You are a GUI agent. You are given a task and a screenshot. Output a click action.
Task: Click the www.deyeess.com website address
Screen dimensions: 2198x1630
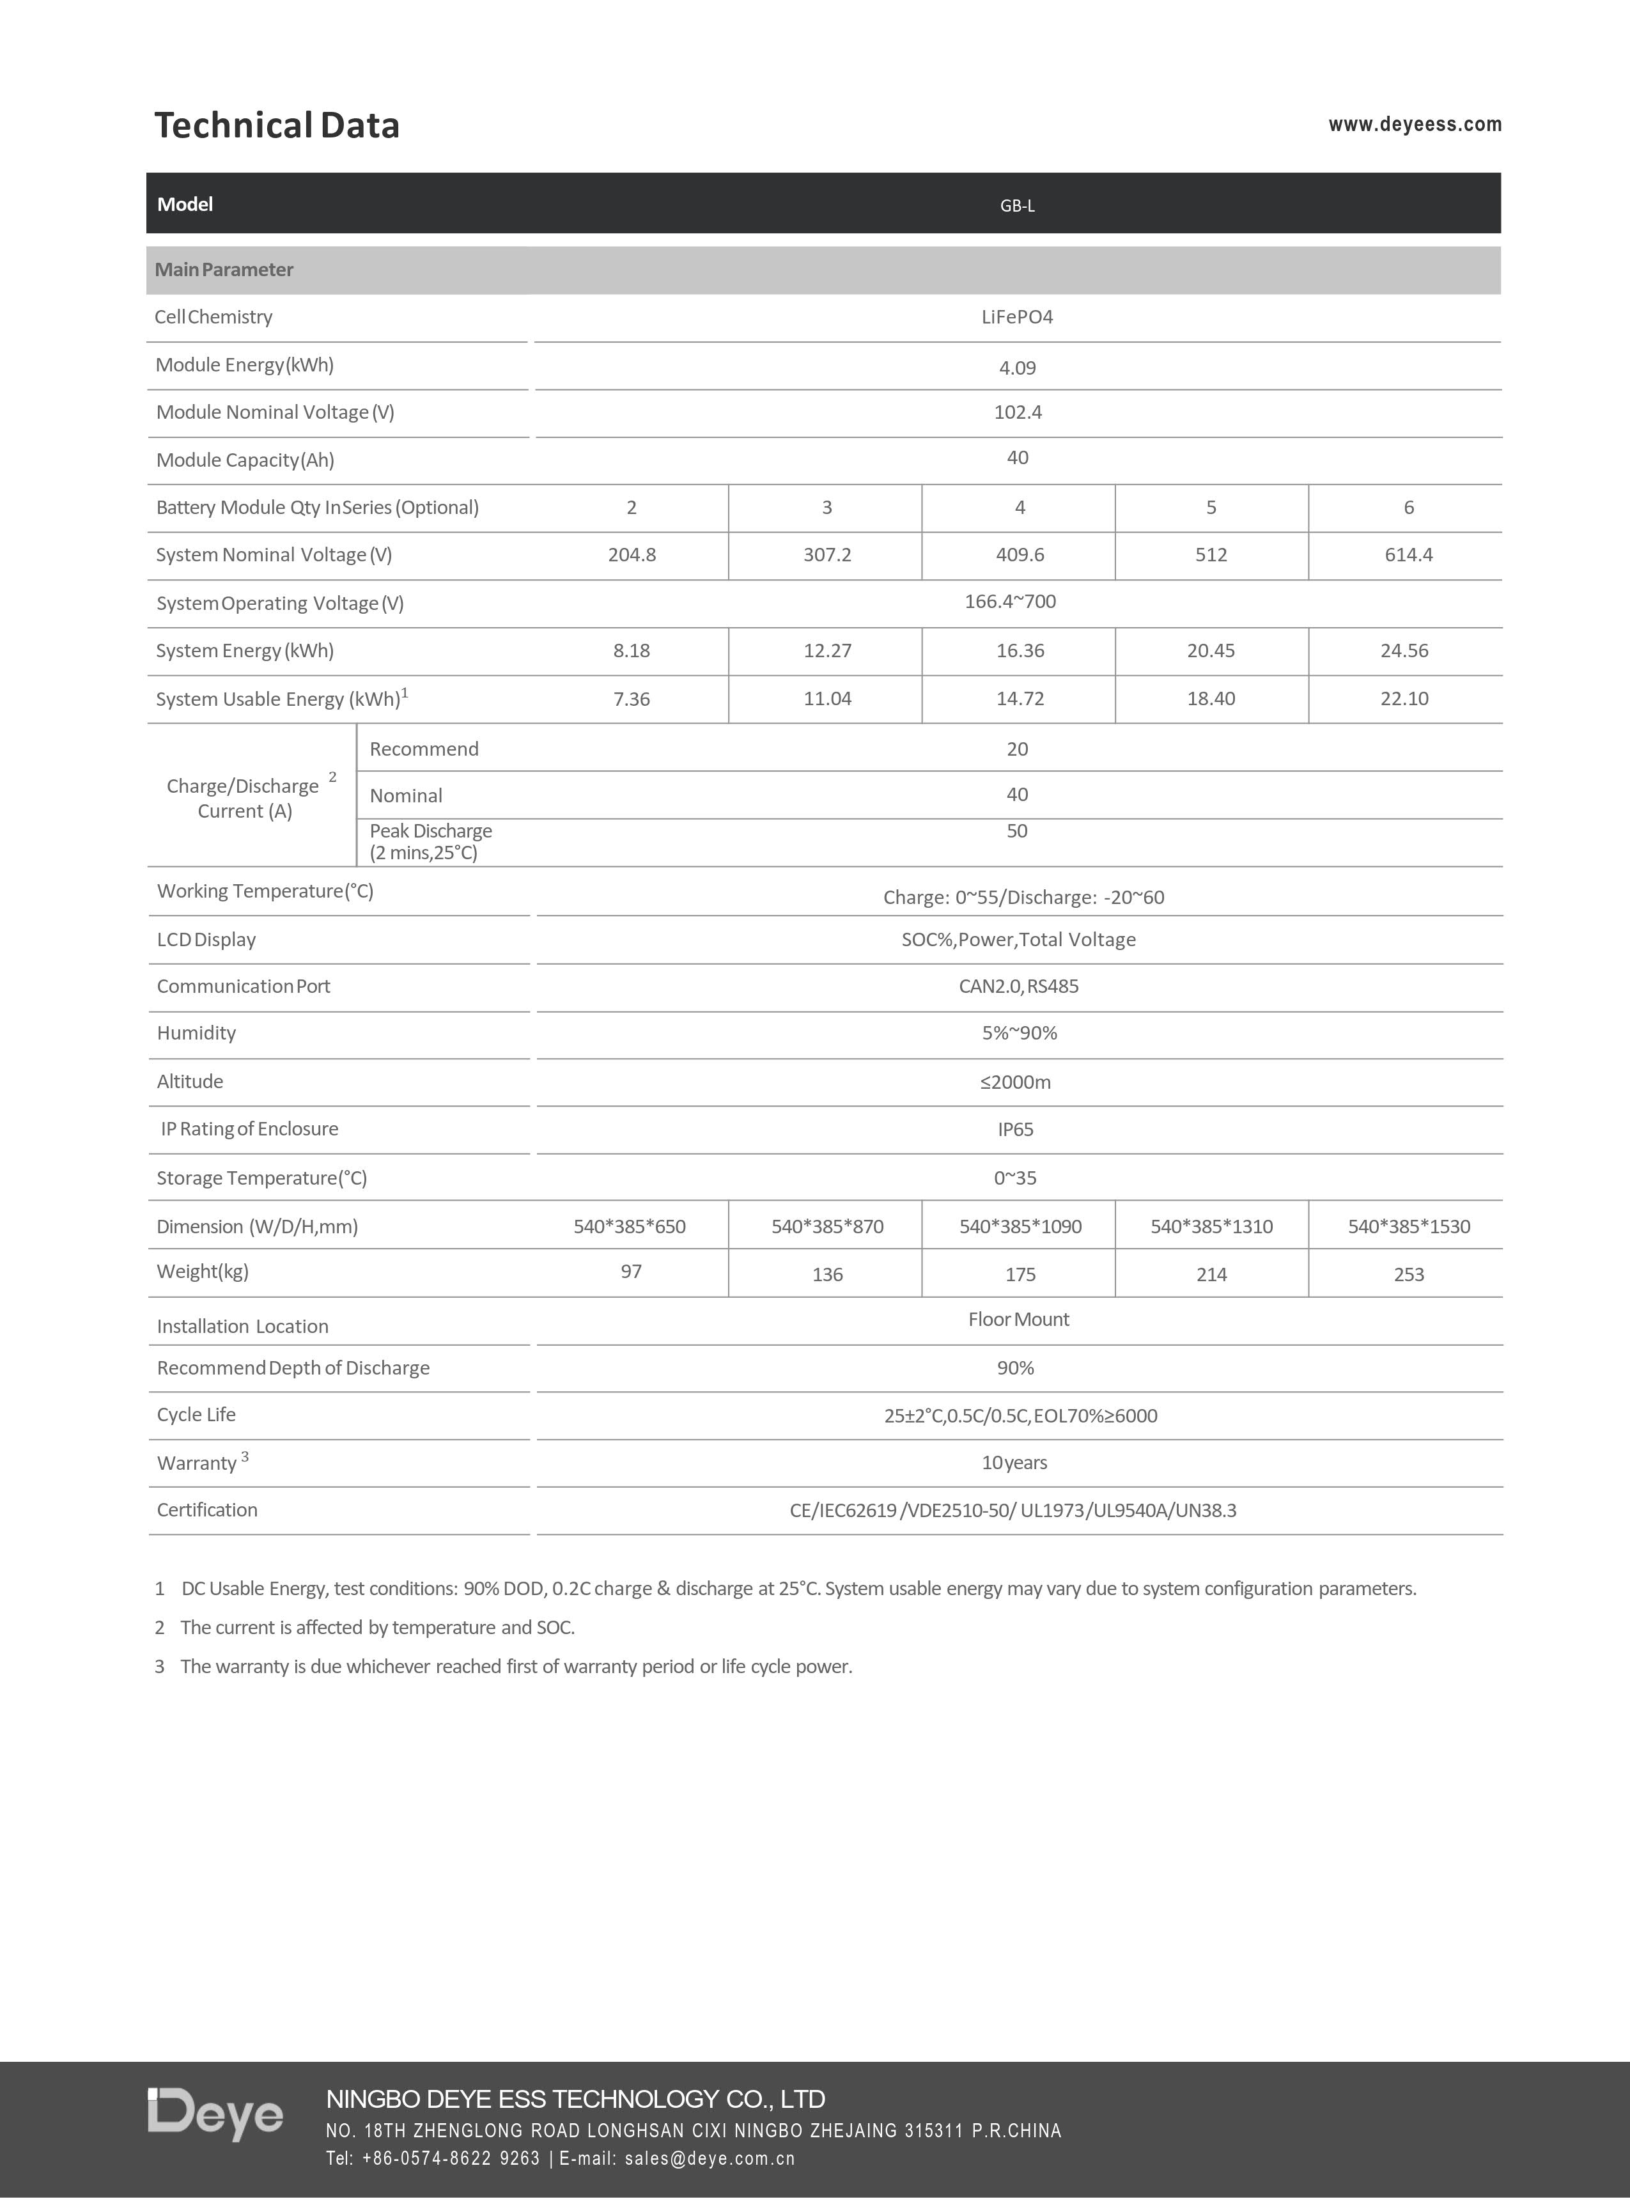click(x=1414, y=125)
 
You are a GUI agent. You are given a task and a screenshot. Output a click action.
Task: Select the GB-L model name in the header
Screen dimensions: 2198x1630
click(x=1017, y=205)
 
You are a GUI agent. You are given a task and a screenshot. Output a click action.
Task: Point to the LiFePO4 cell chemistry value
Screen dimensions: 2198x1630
click(x=1017, y=317)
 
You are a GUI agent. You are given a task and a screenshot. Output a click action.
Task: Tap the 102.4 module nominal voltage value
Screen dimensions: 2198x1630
click(x=1017, y=412)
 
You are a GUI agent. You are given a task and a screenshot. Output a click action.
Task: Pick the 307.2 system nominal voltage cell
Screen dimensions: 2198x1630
click(x=827, y=555)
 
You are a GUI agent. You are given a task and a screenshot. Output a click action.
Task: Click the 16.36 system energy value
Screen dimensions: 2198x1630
click(x=1020, y=650)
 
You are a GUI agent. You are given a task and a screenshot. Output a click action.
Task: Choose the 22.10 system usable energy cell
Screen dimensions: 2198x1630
click(x=1404, y=699)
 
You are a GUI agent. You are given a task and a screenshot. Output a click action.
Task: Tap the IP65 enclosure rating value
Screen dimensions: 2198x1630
click(x=1015, y=1129)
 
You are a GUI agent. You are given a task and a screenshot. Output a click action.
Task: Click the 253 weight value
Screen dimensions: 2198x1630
click(x=1408, y=1274)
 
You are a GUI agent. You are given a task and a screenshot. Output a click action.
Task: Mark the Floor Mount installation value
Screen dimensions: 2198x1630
click(x=1018, y=1320)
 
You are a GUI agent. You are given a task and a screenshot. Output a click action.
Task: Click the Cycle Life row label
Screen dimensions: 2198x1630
click(x=196, y=1414)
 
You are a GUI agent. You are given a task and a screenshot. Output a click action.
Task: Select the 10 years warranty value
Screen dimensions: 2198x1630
click(x=1014, y=1463)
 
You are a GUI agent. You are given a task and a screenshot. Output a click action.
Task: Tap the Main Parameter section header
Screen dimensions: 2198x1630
click(x=224, y=269)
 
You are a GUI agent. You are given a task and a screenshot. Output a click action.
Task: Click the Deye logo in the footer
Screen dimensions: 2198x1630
click(x=215, y=2115)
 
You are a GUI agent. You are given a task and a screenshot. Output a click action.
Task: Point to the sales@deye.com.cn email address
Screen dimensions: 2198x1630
click(x=710, y=2158)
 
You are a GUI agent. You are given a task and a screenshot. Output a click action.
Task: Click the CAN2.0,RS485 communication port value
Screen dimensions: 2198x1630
click(x=1018, y=986)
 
